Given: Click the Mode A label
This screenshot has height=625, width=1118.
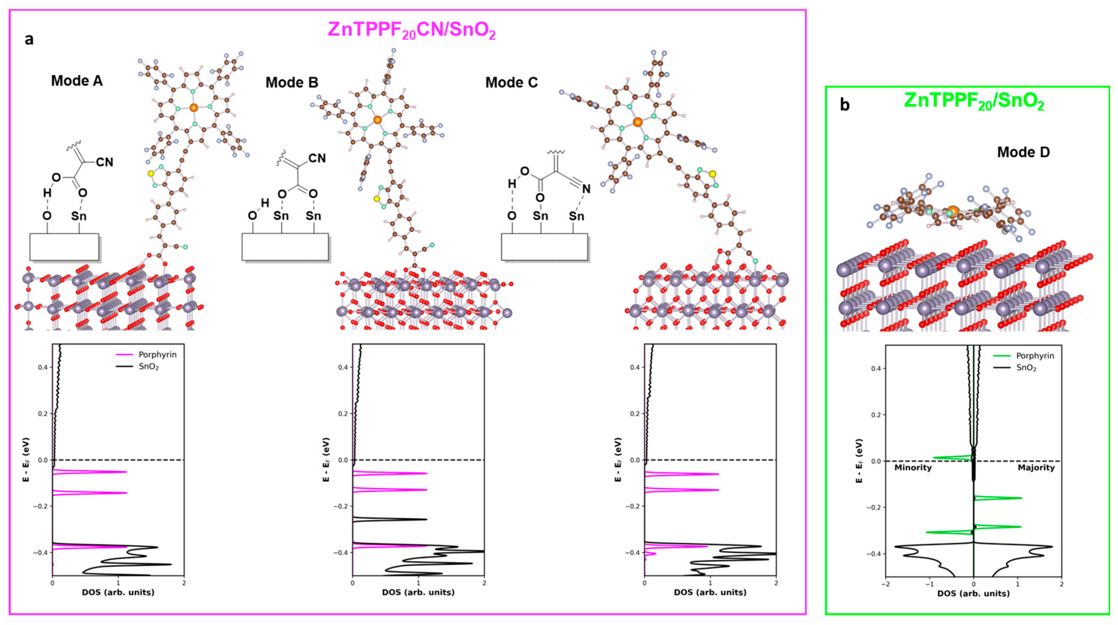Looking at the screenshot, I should coord(77,81).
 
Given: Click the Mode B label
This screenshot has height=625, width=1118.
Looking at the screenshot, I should coord(292,82).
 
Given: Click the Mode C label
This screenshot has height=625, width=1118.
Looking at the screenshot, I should coord(511,82).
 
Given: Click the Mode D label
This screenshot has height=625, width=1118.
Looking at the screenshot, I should coord(1023,152).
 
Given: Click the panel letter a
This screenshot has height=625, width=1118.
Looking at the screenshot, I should coord(29,39).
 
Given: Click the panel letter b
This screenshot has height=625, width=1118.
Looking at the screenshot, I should coord(845,105).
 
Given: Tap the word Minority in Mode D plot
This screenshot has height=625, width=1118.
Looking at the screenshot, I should coord(913,468).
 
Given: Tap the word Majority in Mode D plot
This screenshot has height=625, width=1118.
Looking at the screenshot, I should coord(1036,468).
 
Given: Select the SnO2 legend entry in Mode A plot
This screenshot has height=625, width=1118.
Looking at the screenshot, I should coord(148,367).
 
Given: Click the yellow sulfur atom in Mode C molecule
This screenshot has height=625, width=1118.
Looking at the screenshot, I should coord(712,174).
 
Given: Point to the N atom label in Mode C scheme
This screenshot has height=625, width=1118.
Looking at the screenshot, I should coord(586,189).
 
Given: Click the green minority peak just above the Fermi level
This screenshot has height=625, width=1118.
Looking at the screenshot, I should coord(950,457).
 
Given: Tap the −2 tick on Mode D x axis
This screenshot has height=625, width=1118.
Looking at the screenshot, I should coord(885,584).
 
